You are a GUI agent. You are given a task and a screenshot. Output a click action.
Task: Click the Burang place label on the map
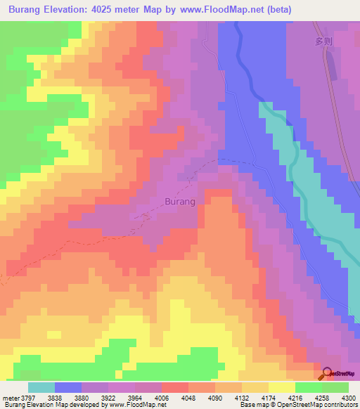coord(179,202)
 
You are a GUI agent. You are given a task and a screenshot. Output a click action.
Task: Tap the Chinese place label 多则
coord(323,41)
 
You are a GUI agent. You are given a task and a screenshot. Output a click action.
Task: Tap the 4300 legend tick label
coord(349,398)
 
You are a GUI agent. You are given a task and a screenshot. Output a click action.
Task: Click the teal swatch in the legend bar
coord(41,387)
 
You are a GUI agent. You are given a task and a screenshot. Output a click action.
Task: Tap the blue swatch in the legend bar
coord(68,387)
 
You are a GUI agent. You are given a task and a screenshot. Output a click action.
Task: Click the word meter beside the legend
coord(11,398)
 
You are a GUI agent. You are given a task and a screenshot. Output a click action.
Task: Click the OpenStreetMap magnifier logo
coord(328,374)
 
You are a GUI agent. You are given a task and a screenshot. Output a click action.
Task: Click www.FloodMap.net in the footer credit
coord(136,405)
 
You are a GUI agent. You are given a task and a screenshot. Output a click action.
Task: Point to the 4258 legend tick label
coord(319,398)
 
